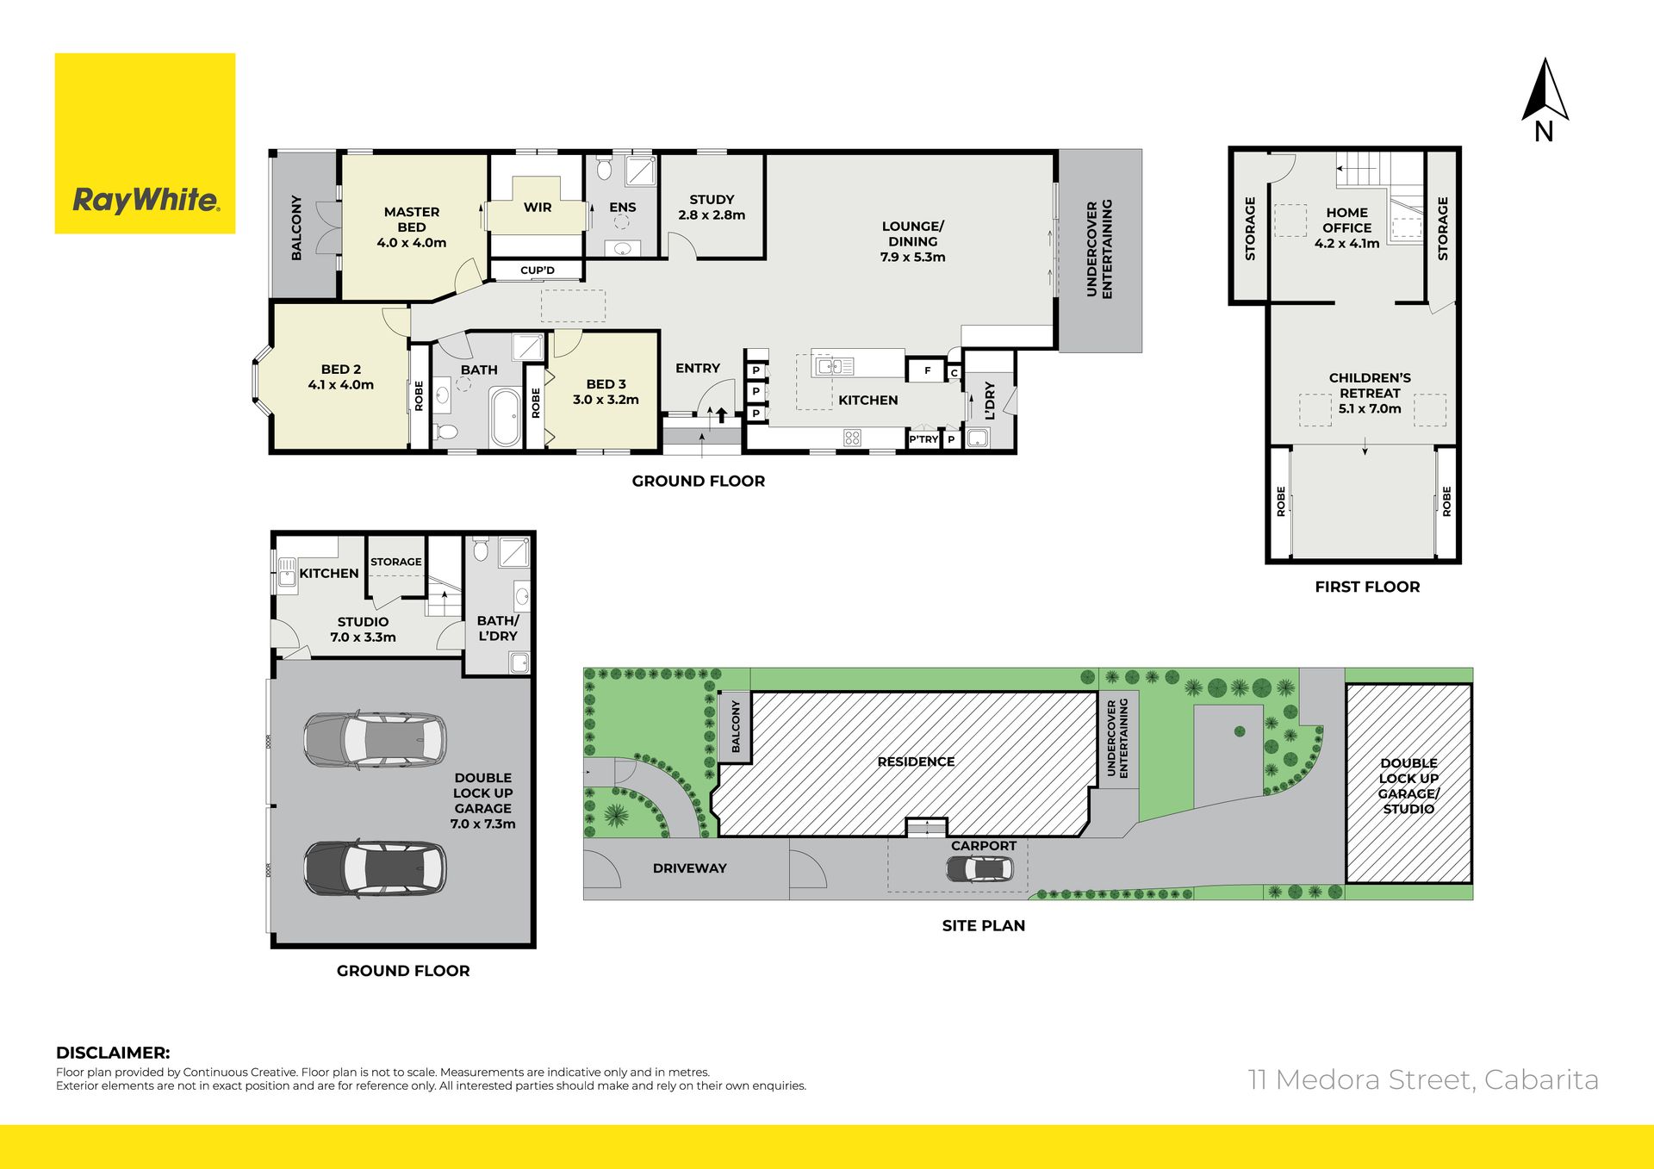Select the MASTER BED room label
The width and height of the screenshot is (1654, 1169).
[412, 220]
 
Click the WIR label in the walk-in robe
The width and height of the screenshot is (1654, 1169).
[538, 207]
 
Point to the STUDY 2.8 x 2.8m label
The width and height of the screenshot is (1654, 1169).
[712, 207]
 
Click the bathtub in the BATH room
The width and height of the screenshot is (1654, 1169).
[506, 418]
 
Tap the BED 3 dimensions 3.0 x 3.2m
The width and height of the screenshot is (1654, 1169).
[606, 400]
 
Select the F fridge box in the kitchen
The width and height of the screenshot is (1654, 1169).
[927, 370]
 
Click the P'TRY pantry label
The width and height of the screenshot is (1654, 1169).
[923, 439]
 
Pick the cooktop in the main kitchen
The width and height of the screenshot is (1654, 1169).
[852, 438]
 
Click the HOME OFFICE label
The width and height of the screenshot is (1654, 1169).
[1347, 220]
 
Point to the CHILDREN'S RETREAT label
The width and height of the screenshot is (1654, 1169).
[1370, 385]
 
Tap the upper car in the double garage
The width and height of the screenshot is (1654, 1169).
[375, 739]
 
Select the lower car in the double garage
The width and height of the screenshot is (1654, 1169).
[375, 868]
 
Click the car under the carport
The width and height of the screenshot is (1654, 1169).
[979, 869]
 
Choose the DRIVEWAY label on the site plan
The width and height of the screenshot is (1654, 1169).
[689, 868]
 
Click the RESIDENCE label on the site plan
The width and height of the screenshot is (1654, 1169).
[916, 762]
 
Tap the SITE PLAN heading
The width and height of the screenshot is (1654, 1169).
[984, 925]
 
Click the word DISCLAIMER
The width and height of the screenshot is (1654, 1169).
[113, 1053]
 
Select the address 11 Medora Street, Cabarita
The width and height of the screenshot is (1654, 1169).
[1423, 1079]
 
